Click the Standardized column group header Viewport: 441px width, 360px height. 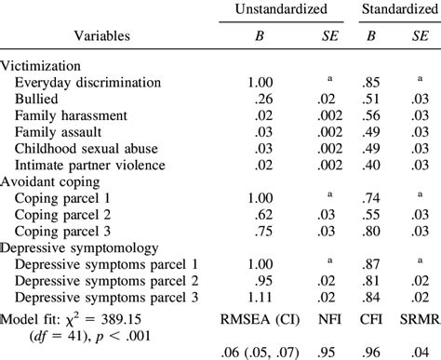click(x=394, y=9)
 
